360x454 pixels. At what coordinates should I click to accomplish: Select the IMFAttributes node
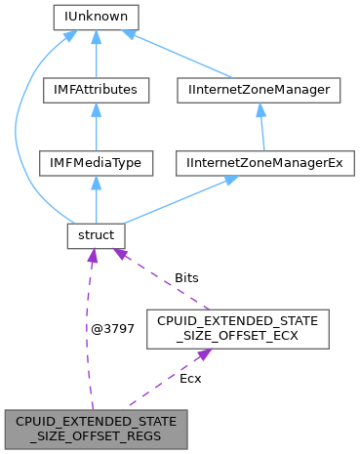point(96,90)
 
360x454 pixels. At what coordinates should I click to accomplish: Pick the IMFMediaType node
point(96,162)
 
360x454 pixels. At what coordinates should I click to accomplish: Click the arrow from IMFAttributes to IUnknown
point(96,54)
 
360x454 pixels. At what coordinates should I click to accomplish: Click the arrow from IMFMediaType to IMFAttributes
point(96,127)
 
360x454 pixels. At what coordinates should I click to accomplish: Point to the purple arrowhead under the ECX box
point(201,356)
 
